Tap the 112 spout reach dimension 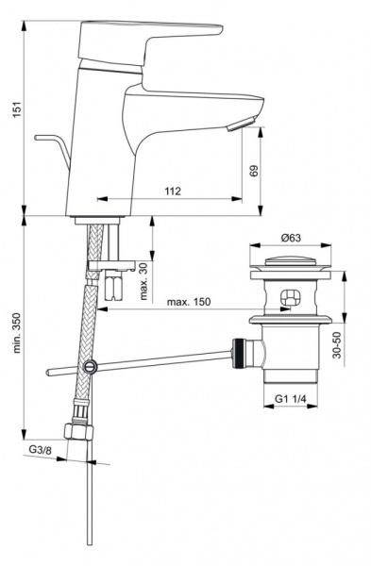tap(173, 191)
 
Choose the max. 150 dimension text tap(189, 302)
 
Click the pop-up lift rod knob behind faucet tap(43, 139)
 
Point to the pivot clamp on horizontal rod tap(90, 366)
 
